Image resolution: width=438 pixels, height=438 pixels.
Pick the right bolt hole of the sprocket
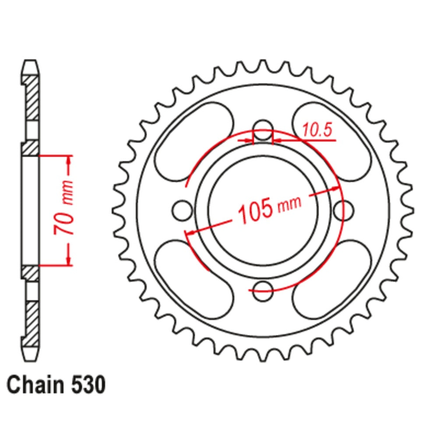(343, 209)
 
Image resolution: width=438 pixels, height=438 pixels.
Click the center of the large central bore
(263, 209)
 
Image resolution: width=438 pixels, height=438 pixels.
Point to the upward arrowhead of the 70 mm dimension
(69, 160)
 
